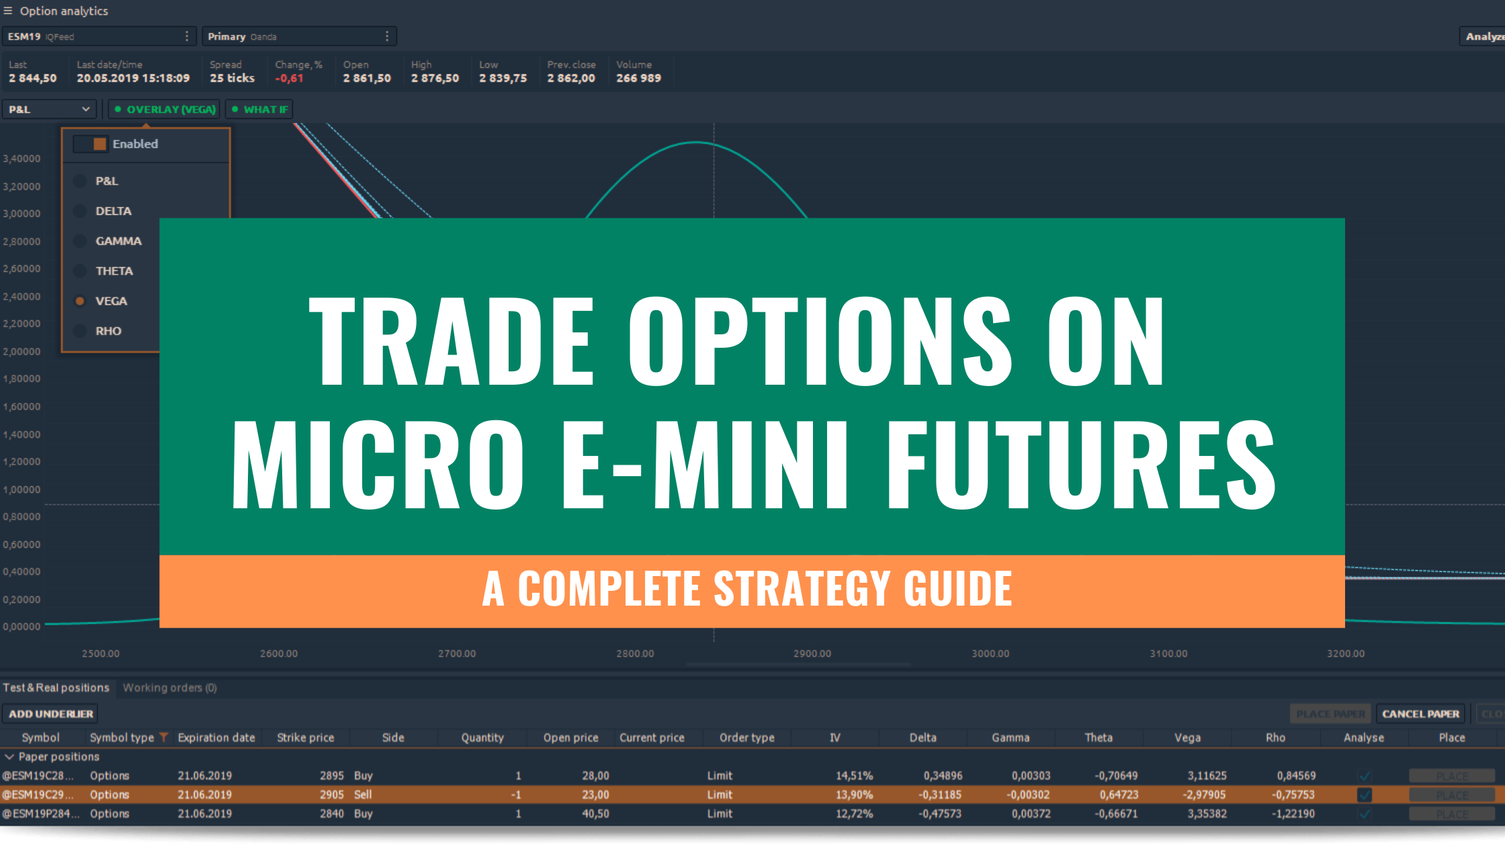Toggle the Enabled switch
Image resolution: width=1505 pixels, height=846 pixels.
(91, 144)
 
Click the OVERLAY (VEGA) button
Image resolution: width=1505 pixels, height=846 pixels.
(165, 109)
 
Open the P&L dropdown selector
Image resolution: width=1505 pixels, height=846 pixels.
(49, 109)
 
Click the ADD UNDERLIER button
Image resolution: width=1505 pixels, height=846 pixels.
(50, 714)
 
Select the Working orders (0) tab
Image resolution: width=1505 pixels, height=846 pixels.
(169, 688)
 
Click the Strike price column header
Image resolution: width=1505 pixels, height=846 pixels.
(305, 737)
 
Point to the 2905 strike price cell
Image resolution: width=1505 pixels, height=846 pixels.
(331, 794)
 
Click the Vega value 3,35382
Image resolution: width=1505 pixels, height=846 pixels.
(1207, 814)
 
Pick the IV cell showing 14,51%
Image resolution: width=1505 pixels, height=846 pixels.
(854, 775)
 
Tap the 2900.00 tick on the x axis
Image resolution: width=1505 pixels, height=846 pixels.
(812, 653)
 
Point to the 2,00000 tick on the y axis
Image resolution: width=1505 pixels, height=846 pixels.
(21, 351)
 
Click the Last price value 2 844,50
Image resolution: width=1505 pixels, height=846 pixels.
(33, 79)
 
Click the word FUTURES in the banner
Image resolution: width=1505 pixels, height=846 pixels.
(1081, 464)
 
